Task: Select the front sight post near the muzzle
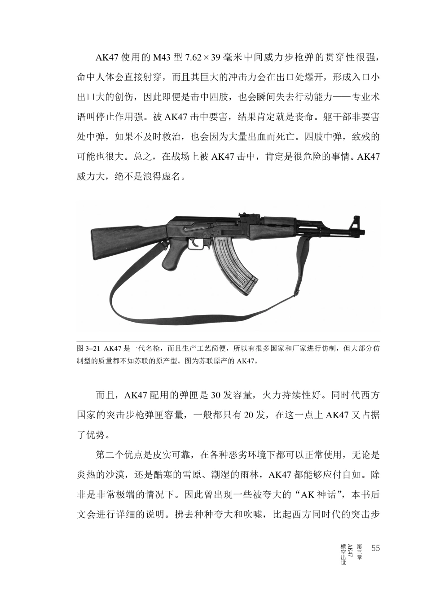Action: coord(356,222)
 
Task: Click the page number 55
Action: coord(375,548)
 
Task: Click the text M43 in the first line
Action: coord(163,58)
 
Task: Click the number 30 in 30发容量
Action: coord(215,395)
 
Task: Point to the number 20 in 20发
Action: coord(248,415)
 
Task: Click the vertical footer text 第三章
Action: coord(359,551)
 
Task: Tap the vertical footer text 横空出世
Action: coord(343,554)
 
